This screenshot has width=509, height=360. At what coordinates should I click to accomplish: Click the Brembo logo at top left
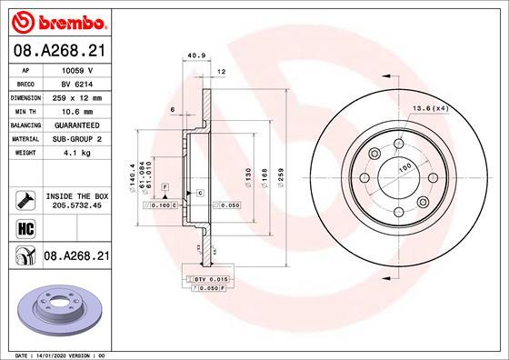tap(59, 22)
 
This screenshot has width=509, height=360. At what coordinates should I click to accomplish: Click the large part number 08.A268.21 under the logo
tap(60, 51)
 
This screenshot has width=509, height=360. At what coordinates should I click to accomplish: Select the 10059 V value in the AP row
tap(77, 70)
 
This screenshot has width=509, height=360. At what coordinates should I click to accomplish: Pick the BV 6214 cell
tap(77, 85)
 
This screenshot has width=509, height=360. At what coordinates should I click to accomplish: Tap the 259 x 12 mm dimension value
tap(77, 98)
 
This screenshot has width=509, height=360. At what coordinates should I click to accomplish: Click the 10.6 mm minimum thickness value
tap(77, 112)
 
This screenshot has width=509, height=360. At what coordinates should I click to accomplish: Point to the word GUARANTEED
tap(77, 125)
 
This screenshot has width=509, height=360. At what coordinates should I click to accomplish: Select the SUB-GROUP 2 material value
tap(77, 139)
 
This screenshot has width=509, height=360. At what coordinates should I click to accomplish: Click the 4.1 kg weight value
tap(77, 153)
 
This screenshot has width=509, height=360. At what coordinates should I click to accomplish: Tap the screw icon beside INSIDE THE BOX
tap(25, 200)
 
